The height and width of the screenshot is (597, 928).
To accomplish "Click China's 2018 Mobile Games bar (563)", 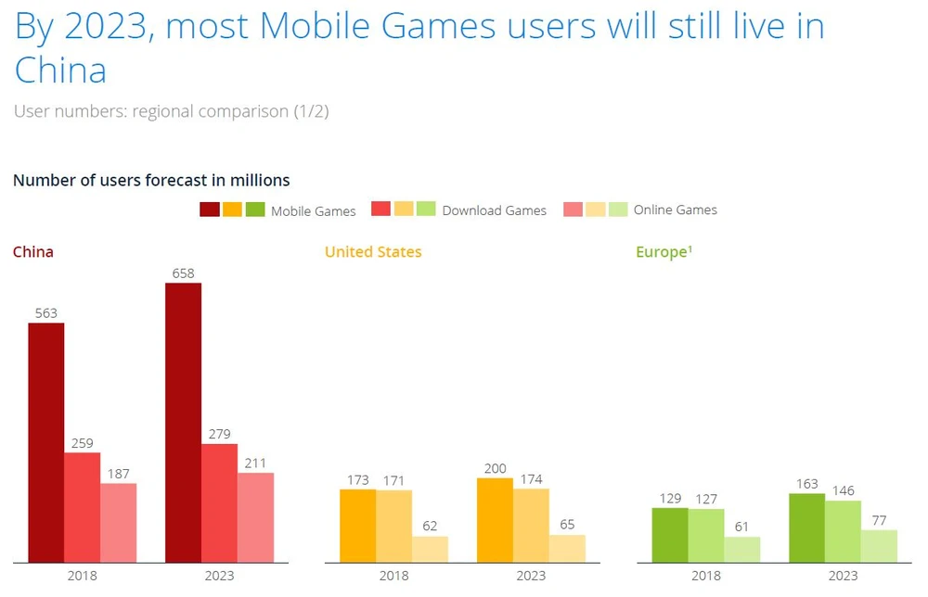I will click(46, 442).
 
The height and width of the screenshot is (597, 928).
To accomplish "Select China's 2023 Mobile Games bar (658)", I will click(183, 422).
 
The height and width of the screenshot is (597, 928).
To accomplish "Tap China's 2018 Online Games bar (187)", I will click(119, 523).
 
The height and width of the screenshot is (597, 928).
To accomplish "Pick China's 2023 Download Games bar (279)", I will click(219, 502).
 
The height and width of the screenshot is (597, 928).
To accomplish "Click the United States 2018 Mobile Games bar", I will click(358, 526).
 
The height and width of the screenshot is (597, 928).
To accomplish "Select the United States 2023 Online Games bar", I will click(567, 548).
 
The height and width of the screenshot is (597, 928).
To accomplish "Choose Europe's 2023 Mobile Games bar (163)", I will click(806, 527).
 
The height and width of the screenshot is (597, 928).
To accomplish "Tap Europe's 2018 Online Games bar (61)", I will click(742, 549).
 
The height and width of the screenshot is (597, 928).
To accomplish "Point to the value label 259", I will click(83, 443).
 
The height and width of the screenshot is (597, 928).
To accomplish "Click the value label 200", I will click(495, 469).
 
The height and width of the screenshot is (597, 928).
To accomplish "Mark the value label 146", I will click(843, 490).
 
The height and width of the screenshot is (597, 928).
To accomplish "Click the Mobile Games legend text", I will click(314, 211).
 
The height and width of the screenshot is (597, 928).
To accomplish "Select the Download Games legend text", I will click(495, 210).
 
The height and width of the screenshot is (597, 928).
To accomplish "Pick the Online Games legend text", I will click(676, 210).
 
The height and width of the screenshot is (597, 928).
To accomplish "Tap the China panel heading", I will click(33, 251).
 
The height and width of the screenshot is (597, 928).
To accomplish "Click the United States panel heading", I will click(373, 251).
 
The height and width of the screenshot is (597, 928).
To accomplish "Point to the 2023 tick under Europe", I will click(843, 576).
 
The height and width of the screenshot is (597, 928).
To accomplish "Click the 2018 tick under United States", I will click(393, 576).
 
